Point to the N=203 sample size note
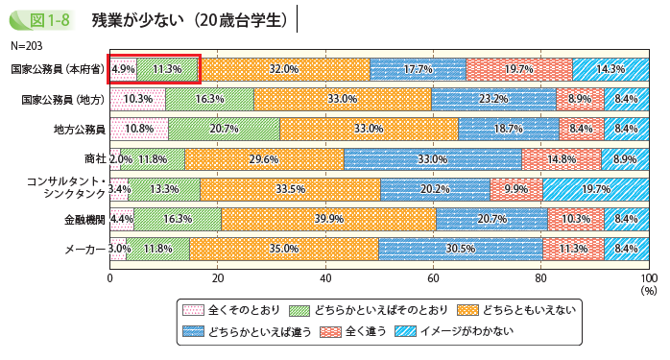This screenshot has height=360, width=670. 28,45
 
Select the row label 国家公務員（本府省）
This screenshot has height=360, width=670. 57,69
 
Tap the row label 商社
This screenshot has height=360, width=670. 94,159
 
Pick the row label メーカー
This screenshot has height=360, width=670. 84,249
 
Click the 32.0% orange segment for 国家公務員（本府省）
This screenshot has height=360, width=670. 285,69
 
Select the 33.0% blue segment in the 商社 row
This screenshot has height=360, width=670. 433,159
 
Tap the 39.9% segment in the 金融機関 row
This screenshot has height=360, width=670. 328,219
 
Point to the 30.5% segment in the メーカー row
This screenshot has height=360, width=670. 461,249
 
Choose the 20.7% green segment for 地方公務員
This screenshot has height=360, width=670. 224,129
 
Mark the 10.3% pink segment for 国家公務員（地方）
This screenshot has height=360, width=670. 137,99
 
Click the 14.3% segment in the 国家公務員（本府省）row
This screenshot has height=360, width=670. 610,69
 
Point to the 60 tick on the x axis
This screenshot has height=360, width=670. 433,277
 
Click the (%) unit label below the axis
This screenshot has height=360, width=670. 648,288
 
